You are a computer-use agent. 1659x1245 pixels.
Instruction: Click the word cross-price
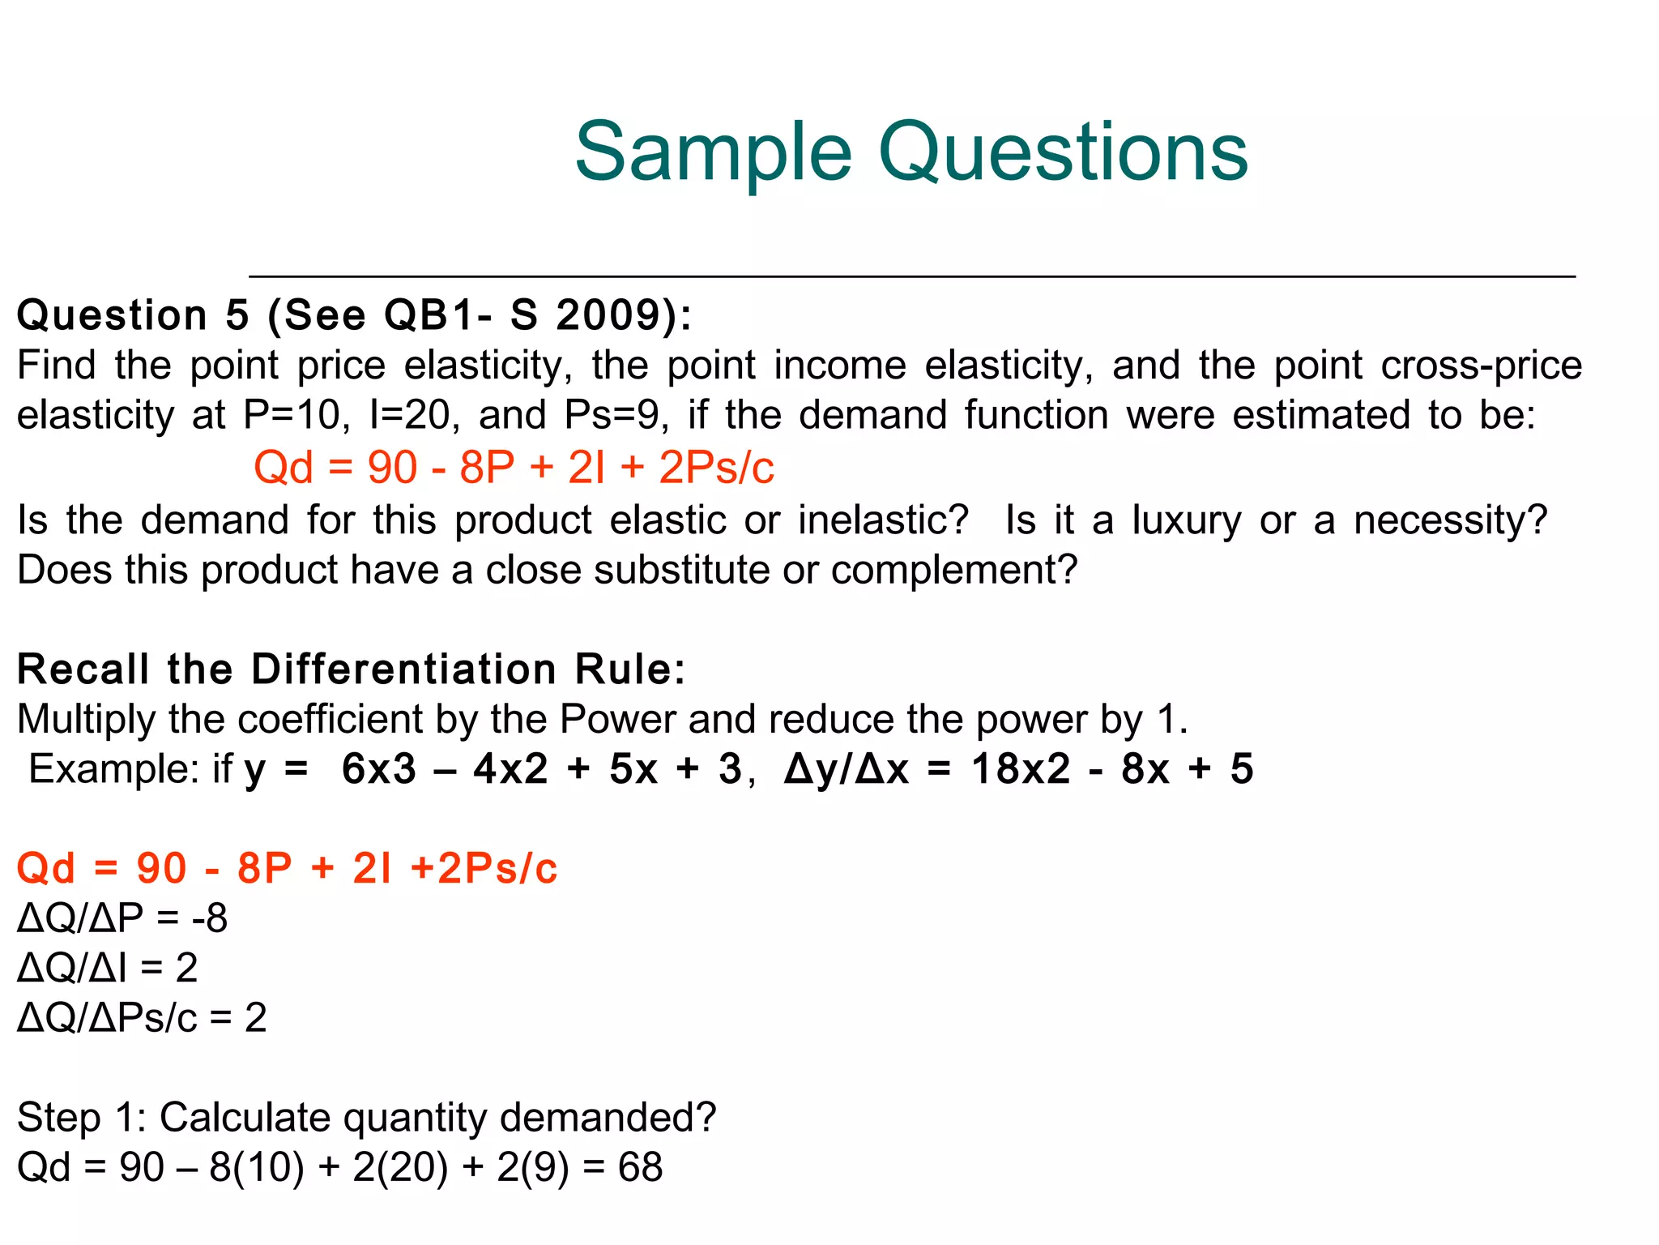click(1482, 365)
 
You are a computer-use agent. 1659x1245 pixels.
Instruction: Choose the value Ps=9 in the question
click(616, 415)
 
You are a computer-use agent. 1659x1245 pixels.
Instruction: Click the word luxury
click(1186, 520)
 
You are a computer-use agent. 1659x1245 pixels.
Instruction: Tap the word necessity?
click(1450, 520)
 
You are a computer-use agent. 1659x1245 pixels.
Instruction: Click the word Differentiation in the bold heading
click(403, 670)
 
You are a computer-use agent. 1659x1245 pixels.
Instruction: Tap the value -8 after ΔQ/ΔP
click(210, 918)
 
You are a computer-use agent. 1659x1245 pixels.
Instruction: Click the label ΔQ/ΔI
click(71, 968)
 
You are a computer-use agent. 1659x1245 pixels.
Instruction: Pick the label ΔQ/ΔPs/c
click(107, 1018)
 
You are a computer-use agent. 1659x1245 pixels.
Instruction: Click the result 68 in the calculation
click(640, 1168)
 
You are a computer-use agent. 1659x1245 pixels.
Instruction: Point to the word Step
click(58, 1119)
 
